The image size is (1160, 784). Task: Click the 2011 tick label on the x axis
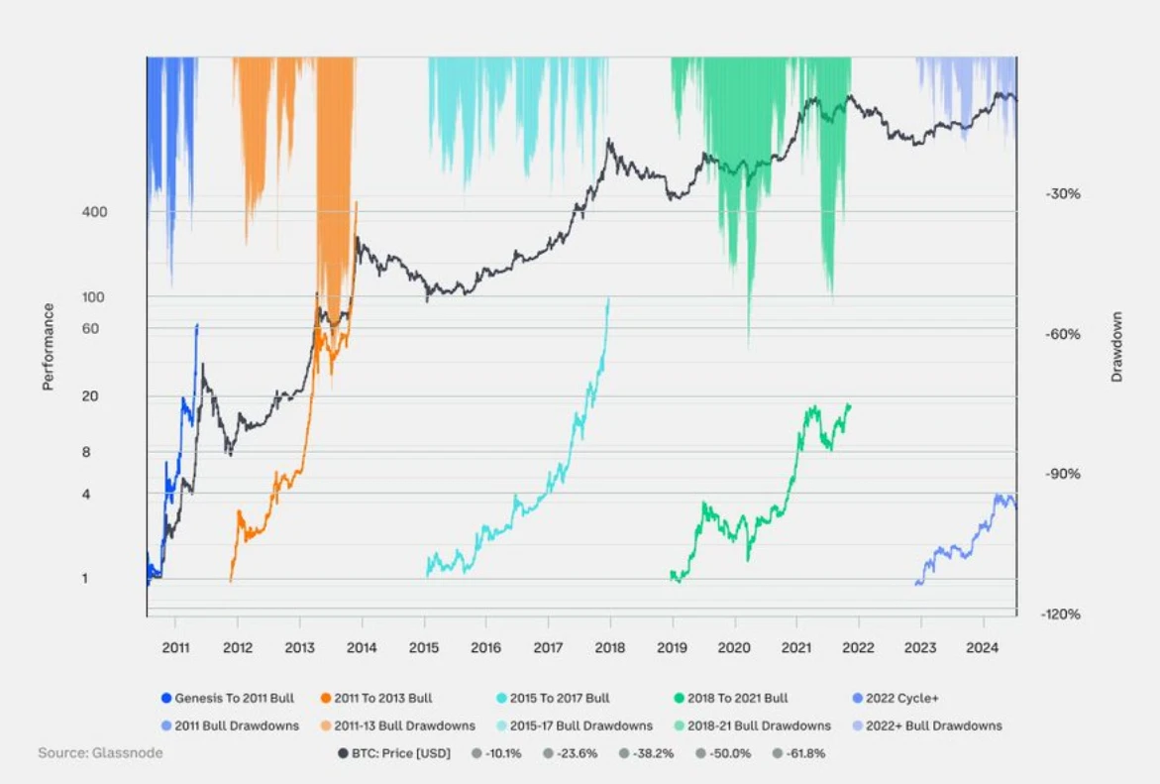[175, 649]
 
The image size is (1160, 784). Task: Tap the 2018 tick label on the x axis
[609, 649]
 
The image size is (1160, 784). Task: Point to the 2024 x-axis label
[983, 649]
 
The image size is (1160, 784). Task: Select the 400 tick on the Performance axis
[95, 212]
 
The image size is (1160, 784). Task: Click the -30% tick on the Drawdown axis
[1062, 194]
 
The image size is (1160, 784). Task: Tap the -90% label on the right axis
[1062, 474]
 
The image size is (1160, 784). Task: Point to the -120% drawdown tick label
[1062, 615]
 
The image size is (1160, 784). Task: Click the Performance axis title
[48, 347]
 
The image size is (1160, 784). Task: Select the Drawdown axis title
[1117, 347]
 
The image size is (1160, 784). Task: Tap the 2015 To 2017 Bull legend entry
[552, 698]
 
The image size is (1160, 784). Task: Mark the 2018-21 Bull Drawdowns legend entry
[753, 726]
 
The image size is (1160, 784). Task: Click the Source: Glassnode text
[100, 753]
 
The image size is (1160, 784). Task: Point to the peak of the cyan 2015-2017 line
[608, 298]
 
